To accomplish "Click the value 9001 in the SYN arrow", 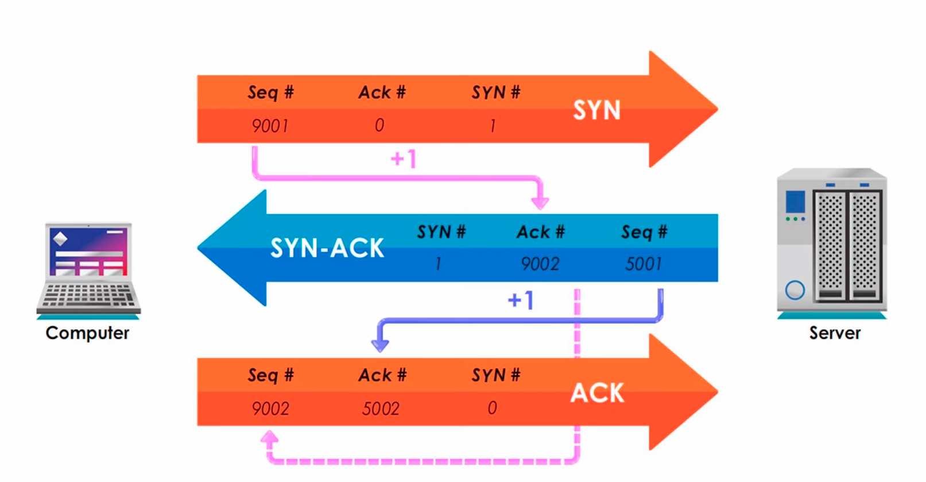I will tap(270, 125).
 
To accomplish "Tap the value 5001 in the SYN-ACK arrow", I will tap(644, 264).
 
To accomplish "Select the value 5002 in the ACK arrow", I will tap(381, 408).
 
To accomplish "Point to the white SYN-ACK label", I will tap(327, 248).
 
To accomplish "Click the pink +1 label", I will tap(403, 158).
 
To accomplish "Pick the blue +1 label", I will tap(521, 300).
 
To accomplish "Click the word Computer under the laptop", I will tap(87, 333).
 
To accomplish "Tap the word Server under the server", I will tap(835, 333).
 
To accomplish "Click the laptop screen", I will tap(88, 251).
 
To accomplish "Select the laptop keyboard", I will tap(88, 295).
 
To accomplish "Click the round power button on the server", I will tap(795, 290).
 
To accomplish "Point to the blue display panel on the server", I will tap(795, 202).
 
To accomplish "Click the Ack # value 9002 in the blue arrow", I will tap(540, 264).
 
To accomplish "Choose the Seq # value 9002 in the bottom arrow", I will tap(270, 408).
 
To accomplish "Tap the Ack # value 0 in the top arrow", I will tap(379, 125).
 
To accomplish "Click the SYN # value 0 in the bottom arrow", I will tap(492, 408).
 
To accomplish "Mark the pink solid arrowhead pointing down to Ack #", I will tap(540, 202).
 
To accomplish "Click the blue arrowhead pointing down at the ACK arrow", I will tap(380, 344).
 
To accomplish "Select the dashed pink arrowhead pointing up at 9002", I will tap(270, 439).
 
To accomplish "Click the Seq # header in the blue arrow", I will tap(644, 232).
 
